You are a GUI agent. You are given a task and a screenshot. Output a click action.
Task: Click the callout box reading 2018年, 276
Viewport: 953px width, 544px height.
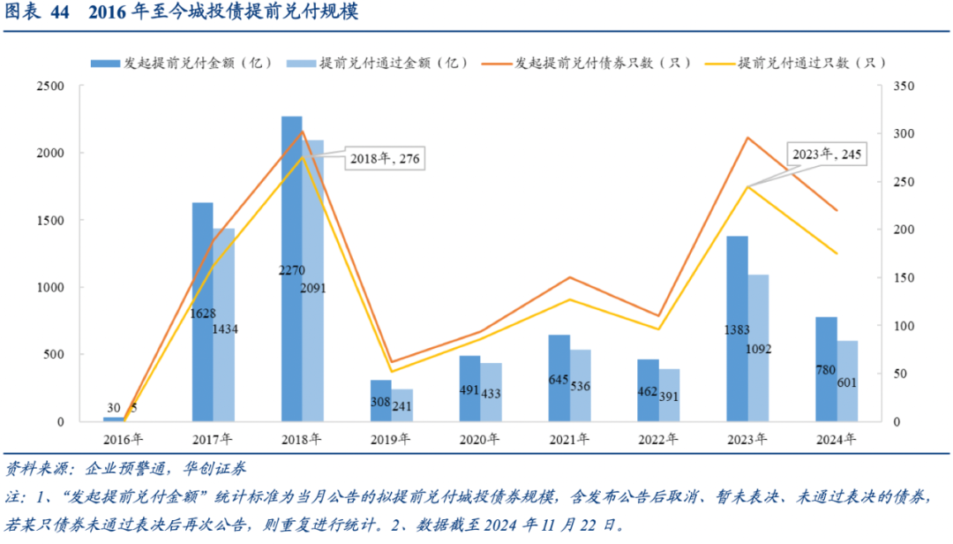click(x=386, y=159)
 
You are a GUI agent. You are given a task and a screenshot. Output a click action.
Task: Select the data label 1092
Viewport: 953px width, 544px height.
click(x=757, y=349)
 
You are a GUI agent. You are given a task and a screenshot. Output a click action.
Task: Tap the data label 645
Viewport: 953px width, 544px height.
click(x=559, y=380)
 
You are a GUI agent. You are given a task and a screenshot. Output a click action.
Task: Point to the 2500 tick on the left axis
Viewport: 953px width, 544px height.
click(x=50, y=86)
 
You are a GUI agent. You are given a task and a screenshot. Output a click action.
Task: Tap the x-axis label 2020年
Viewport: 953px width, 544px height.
click(x=480, y=439)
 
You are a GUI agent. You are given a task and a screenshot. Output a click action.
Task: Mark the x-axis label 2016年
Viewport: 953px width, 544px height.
click(x=124, y=439)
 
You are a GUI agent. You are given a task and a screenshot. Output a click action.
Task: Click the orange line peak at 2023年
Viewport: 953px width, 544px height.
click(x=747, y=138)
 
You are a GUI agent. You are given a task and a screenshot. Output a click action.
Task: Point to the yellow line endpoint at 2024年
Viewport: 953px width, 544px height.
click(x=837, y=253)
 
